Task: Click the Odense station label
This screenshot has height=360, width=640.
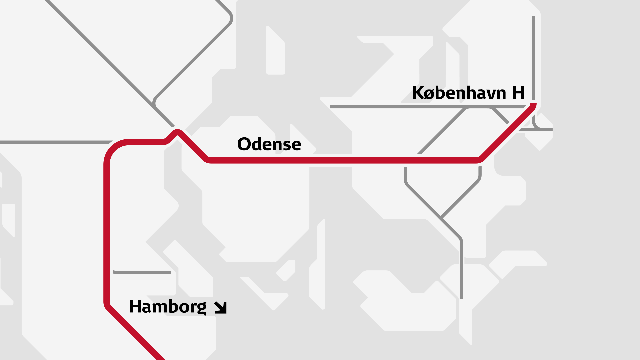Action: click(269, 144)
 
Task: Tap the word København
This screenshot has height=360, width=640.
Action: click(459, 93)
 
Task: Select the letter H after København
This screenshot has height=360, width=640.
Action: click(518, 93)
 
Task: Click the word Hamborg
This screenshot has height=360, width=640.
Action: click(167, 307)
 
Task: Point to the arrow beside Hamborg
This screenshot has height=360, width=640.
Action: click(221, 308)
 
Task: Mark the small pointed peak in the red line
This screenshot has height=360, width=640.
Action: click(178, 132)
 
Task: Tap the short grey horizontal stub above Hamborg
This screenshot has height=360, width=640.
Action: click(142, 272)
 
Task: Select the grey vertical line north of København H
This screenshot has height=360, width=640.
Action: click(533, 57)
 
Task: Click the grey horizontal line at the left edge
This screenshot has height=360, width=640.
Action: click(53, 142)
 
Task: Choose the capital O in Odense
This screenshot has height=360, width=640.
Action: click(244, 144)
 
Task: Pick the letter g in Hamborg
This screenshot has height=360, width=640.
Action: click(202, 308)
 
